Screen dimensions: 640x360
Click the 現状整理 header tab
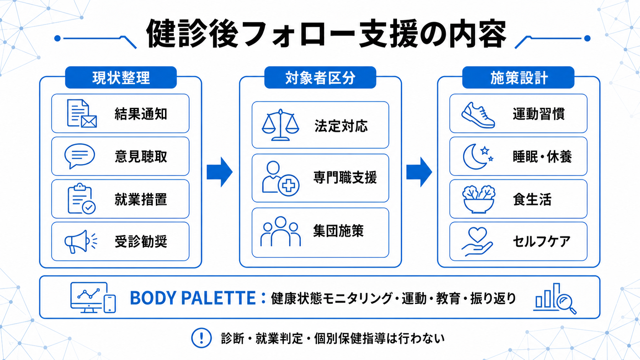tap(121, 77)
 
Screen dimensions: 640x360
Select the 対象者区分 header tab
tap(320, 77)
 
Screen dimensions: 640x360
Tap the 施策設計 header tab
tap(518, 77)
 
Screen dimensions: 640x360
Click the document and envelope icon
tap(82, 113)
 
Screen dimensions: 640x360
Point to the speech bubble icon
tap(80, 156)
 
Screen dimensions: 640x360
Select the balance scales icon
tap(280, 125)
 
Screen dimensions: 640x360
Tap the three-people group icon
tap(280, 231)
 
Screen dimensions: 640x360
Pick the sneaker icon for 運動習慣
tap(478, 115)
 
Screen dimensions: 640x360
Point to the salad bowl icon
tap(478, 199)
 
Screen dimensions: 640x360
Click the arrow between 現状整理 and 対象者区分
tap(219, 172)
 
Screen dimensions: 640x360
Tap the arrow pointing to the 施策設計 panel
tap(419, 172)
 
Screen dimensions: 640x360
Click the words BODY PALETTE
tap(193, 298)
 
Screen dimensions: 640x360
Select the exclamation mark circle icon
tap(201, 338)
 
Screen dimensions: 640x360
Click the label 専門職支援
tap(345, 178)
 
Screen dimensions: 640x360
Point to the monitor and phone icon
tap(93, 298)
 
